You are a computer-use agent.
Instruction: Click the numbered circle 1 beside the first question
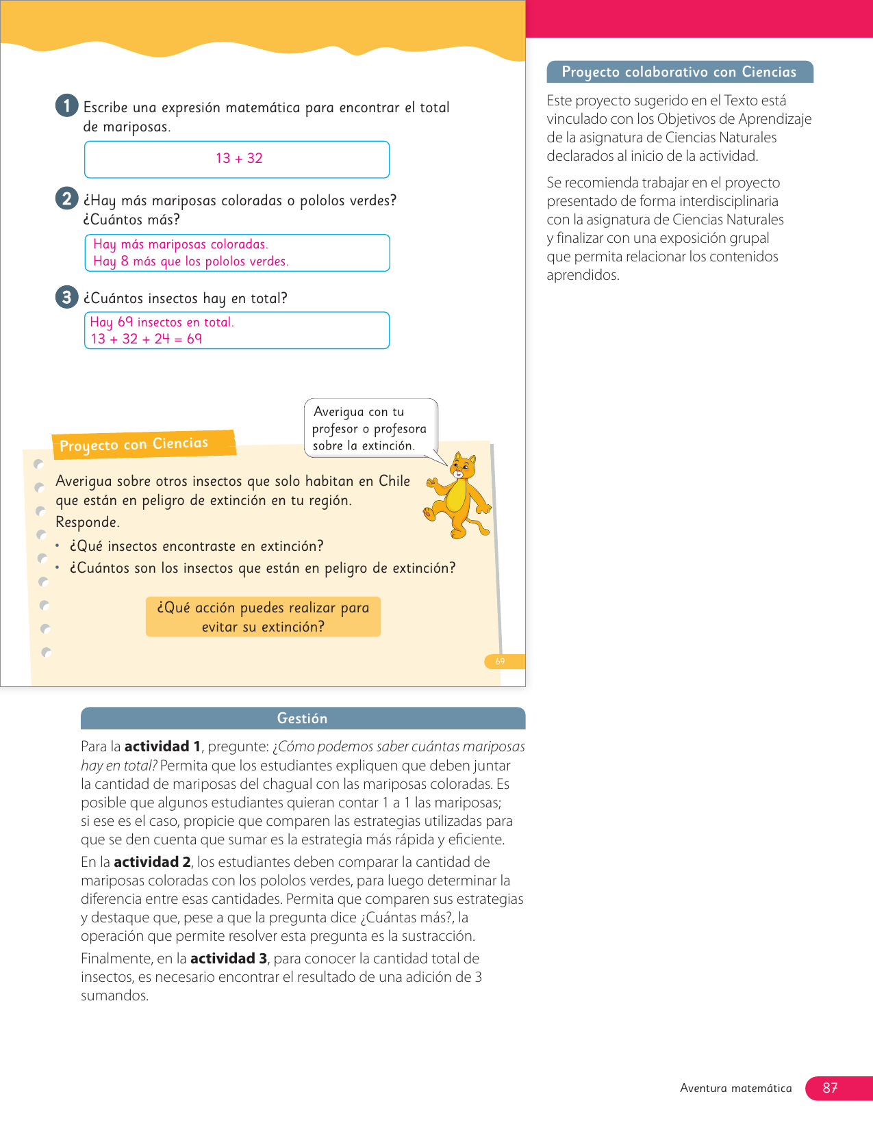(66, 105)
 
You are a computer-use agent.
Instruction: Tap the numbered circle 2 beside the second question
(66, 198)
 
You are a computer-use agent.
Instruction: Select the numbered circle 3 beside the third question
(66, 297)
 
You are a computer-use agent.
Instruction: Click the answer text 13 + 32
(239, 159)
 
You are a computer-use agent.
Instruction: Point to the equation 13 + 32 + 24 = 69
(147, 339)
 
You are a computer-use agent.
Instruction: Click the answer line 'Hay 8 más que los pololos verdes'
(191, 261)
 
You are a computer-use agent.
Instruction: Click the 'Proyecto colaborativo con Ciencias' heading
(679, 72)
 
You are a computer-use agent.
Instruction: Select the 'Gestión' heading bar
(302, 718)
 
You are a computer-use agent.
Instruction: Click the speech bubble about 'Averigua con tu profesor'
(370, 428)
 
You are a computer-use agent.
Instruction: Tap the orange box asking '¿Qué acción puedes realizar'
(263, 617)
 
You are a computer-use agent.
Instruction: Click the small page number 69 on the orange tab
(501, 662)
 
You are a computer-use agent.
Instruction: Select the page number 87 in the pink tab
(830, 1088)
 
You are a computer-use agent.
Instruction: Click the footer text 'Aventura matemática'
(735, 1088)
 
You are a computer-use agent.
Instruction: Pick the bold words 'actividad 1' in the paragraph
(162, 747)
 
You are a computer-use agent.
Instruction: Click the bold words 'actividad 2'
(152, 862)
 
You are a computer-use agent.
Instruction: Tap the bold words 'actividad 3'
(229, 959)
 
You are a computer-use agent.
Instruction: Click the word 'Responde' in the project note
(87, 522)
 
